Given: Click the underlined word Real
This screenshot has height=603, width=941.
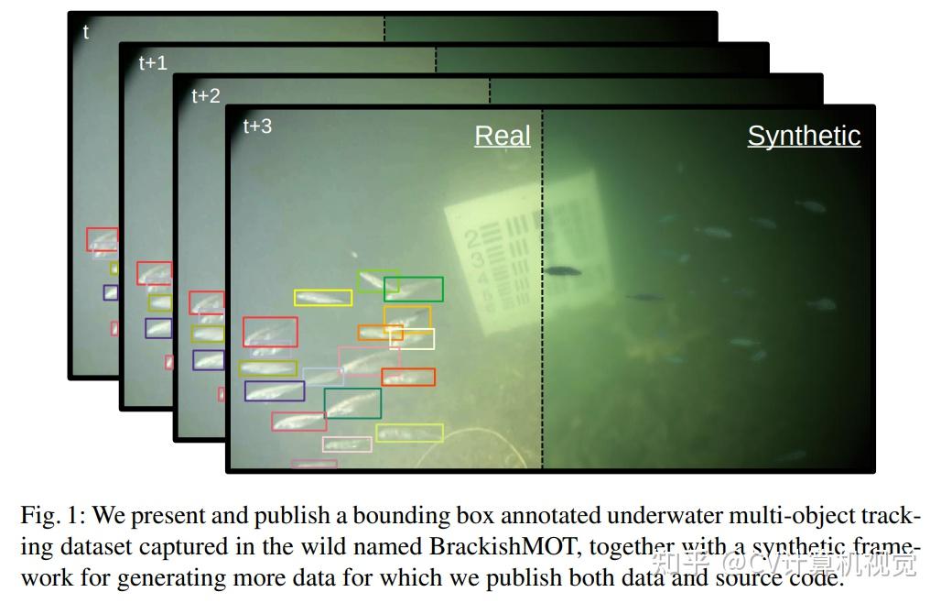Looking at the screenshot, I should click(x=502, y=136).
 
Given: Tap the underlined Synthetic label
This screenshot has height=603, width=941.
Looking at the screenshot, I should click(x=804, y=136).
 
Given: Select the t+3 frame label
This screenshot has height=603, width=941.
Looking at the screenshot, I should click(x=257, y=126).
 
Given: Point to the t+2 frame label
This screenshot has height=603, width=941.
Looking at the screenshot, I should click(x=205, y=96).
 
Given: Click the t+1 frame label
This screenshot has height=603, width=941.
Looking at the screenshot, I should click(x=153, y=63).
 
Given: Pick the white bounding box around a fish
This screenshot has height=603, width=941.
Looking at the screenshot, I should click(x=412, y=339).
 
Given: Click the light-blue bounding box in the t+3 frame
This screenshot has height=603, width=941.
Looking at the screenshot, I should click(x=322, y=377).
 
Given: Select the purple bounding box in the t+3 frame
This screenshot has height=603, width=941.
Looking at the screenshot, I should click(x=275, y=391).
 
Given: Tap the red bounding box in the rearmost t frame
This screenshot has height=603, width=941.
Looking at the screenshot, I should click(x=102, y=239).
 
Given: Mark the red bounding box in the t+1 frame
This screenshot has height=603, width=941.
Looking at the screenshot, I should click(x=155, y=272).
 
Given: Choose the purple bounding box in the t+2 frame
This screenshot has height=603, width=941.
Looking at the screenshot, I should click(x=208, y=359).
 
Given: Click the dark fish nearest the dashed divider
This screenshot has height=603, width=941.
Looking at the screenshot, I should click(x=561, y=270).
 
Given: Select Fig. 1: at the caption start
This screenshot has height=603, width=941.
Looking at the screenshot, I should click(x=52, y=516).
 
